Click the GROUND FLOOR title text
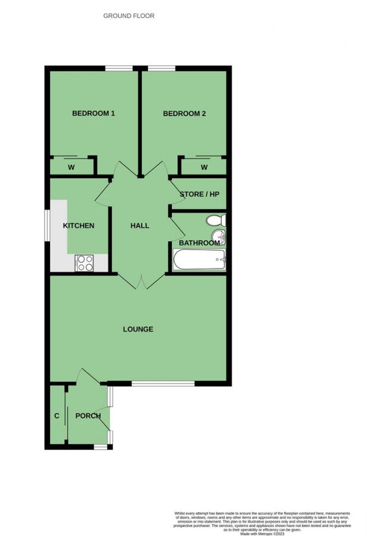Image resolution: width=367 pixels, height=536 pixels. pos(128,16)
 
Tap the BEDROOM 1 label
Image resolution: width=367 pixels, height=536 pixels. pos(93,114)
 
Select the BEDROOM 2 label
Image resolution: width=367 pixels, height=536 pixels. pos(184,114)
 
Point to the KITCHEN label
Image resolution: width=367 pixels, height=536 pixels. pos(79,226)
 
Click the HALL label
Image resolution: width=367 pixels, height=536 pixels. pos(140,226)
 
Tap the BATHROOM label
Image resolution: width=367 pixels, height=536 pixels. pos(199,243)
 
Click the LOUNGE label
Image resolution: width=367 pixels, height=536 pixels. pos(138,329)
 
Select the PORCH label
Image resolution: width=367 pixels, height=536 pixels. pos(88,416)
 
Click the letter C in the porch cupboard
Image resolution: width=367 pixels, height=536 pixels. pos(57,416)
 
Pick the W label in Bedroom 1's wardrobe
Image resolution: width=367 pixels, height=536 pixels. pos(71,167)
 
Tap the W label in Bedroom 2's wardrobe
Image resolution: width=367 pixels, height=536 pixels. pos(204,167)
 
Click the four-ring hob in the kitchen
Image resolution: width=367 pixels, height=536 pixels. pos(84,263)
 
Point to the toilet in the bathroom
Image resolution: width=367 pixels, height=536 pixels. pos(215,221)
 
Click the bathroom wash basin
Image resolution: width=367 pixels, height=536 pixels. pos(221,238)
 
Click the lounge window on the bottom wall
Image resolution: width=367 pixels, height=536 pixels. pos(162,383)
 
